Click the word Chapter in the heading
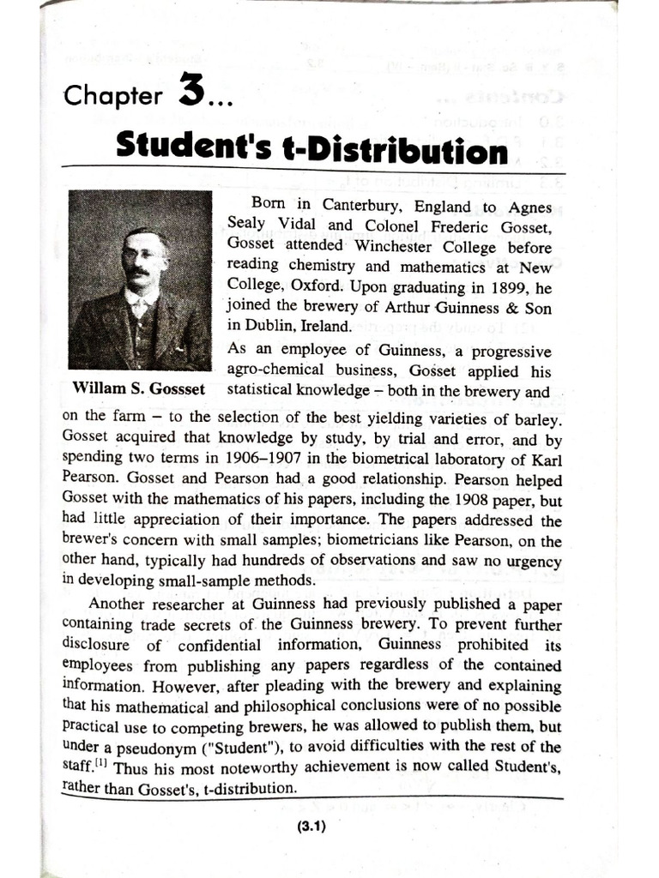112,95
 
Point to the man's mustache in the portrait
137,273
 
